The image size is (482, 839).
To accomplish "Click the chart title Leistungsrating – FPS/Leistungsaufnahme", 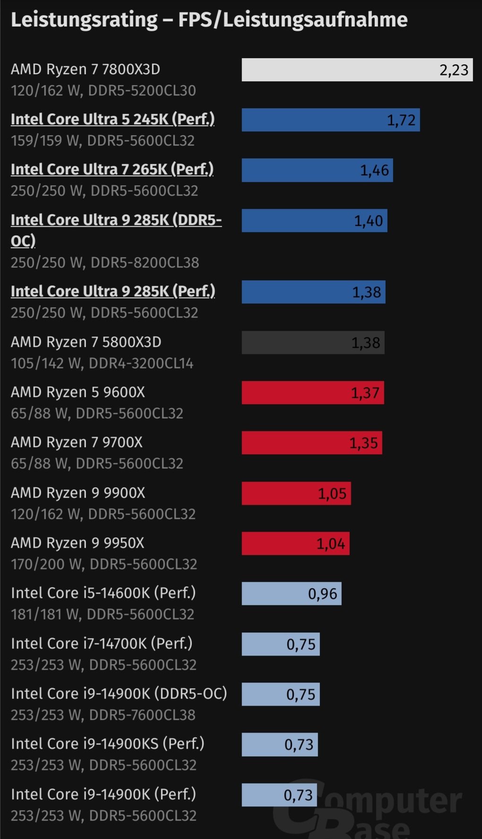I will tap(209, 20).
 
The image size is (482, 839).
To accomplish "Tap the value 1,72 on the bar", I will tap(401, 121).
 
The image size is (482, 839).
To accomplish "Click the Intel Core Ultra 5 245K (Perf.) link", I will tap(112, 119).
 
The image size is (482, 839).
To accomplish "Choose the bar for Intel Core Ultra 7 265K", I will tap(317, 171).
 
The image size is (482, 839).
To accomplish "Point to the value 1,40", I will tap(369, 221).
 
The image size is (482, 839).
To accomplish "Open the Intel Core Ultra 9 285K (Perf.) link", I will tap(112, 291).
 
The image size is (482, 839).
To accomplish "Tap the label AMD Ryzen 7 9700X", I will tap(77, 442).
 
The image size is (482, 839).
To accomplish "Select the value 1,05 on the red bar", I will tap(332, 494).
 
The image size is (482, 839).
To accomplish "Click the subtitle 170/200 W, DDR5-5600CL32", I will tap(104, 564).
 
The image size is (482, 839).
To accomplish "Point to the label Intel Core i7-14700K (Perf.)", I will tap(102, 643).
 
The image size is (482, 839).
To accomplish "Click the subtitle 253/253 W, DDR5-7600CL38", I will tap(103, 715).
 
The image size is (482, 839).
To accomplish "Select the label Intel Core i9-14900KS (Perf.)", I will tap(108, 744).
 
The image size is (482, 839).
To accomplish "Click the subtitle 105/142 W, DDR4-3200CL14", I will tap(102, 363).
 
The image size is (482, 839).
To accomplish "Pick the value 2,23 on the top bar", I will tap(454, 70).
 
